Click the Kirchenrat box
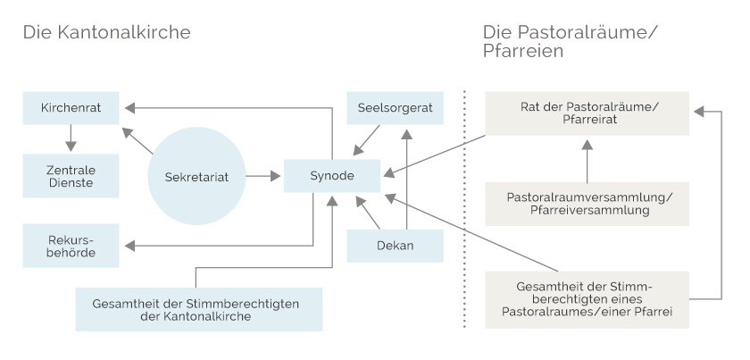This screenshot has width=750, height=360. [71, 108]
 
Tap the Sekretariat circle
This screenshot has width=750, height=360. [196, 176]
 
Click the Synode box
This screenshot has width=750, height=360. [332, 176]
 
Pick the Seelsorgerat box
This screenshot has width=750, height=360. [395, 108]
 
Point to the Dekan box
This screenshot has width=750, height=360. [395, 245]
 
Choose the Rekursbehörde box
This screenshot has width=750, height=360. [71, 246]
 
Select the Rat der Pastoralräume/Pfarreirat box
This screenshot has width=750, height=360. [587, 113]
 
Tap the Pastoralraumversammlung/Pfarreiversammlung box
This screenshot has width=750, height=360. [587, 203]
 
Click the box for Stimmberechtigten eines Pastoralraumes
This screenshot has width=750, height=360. [587, 298]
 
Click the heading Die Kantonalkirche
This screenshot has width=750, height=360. [108, 32]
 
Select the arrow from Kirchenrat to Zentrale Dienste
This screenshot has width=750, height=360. [70, 138]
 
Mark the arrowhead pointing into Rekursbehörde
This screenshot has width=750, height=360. [130, 245]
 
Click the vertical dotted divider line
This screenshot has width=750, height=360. [464, 205]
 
